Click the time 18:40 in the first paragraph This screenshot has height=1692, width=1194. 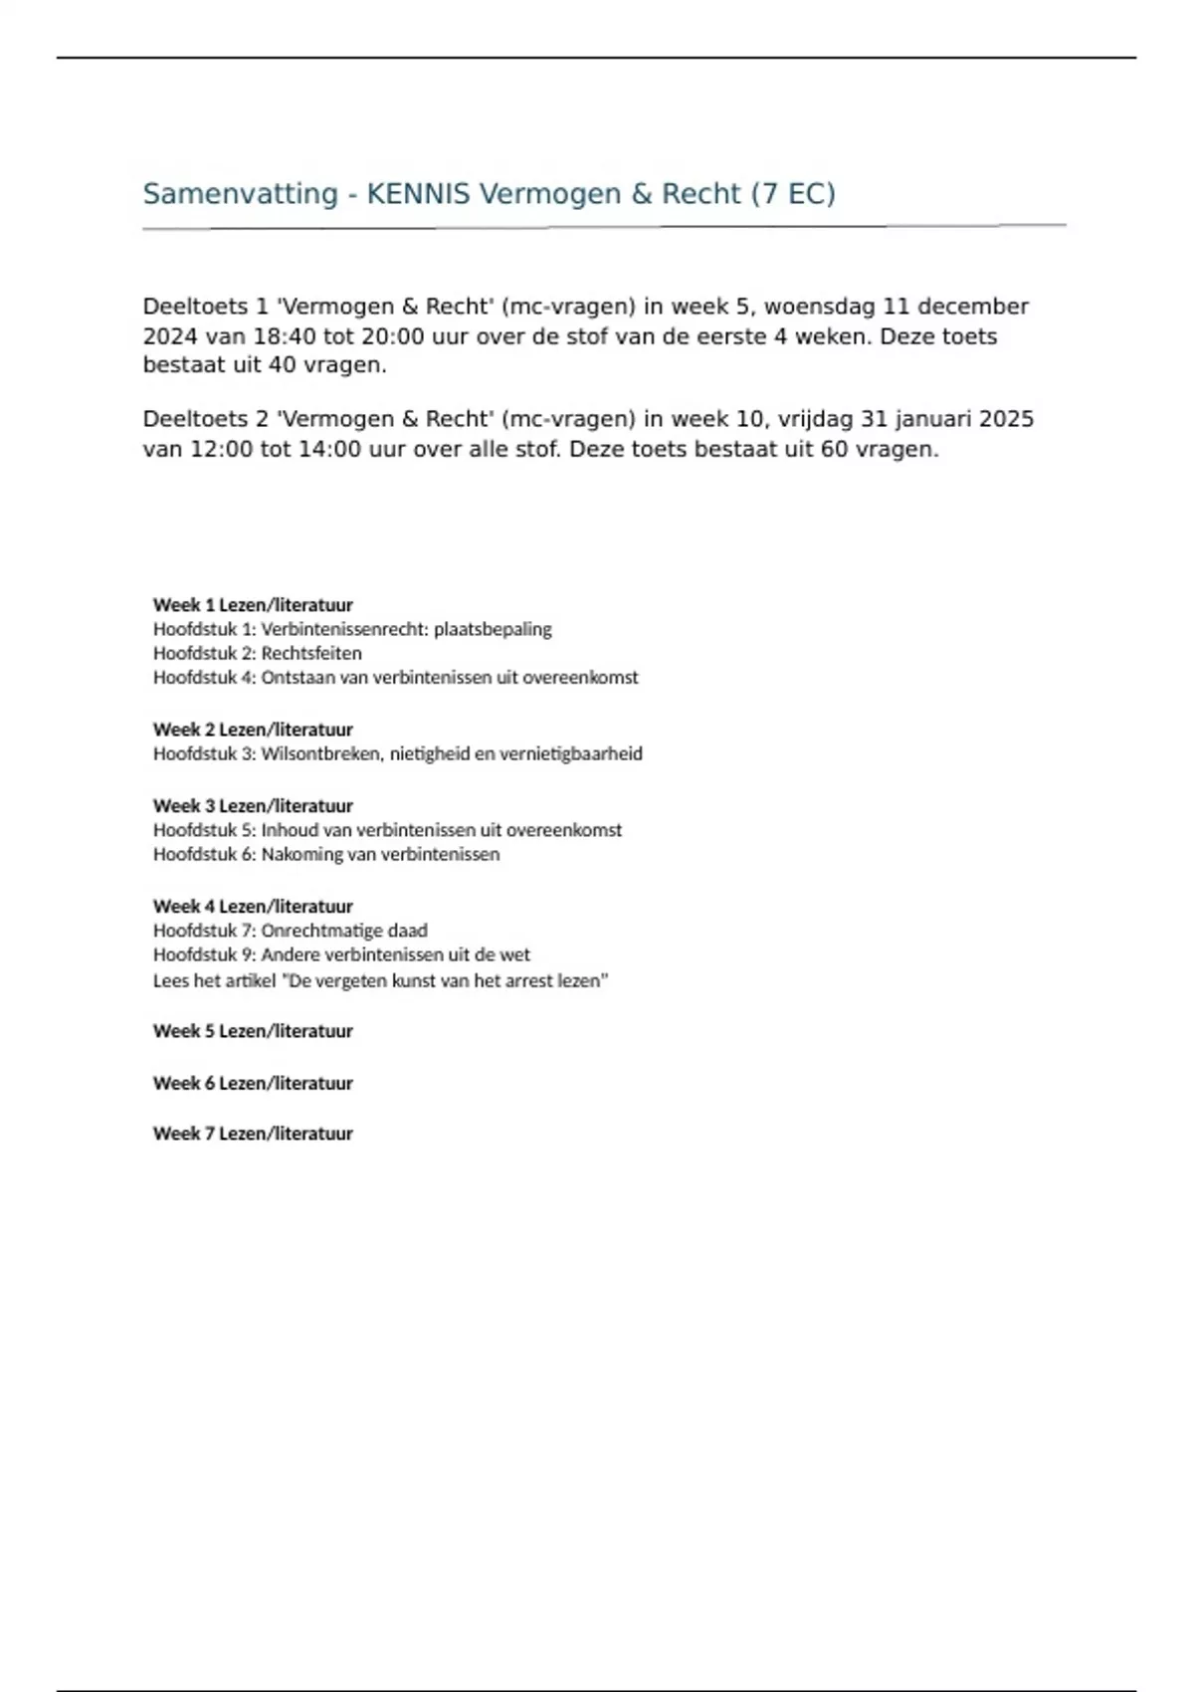coord(285,336)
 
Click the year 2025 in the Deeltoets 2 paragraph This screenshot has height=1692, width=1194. coord(1006,419)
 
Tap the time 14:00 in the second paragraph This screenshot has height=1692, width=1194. coord(329,449)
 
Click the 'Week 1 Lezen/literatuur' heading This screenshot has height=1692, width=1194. coord(253,605)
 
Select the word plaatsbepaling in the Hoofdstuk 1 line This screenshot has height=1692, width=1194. coord(493,629)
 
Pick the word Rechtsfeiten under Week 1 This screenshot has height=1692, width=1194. coord(311,654)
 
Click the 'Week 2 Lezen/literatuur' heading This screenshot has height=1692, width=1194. coord(253,730)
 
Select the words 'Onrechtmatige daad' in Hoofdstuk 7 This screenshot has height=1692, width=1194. coord(344,931)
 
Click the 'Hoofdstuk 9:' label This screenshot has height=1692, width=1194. coord(204,954)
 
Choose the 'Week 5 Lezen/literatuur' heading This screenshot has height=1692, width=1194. coord(253,1031)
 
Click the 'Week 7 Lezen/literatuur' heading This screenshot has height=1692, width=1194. coord(253,1134)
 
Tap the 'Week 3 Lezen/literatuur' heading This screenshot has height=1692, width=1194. coord(253,806)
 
